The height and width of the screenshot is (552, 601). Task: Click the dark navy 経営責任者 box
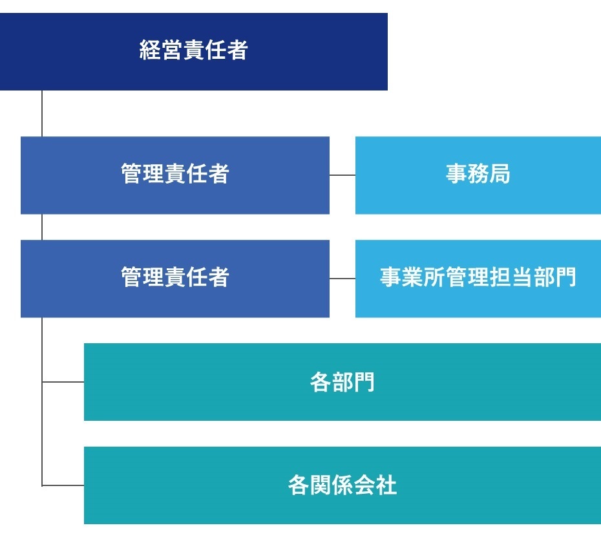[194, 52]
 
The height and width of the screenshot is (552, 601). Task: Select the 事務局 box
[478, 175]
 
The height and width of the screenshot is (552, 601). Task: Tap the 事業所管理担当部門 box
[478, 279]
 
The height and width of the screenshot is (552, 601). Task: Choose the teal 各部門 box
[343, 382]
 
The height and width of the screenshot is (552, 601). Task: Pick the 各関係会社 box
[343, 485]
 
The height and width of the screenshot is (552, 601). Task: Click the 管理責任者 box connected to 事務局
[175, 175]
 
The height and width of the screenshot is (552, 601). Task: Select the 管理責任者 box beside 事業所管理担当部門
[175, 279]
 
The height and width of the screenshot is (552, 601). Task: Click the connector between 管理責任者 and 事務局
[343, 175]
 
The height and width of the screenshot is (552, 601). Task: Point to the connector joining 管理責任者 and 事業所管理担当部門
[343, 279]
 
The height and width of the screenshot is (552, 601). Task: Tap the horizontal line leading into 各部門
[63, 382]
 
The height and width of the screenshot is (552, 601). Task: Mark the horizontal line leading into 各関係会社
[63, 485]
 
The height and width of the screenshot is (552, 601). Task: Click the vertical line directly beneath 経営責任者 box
[42, 114]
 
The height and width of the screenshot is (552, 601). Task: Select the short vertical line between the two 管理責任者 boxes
[42, 227]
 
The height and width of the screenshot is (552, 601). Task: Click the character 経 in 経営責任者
[150, 50]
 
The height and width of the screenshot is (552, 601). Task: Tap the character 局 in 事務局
[500, 173]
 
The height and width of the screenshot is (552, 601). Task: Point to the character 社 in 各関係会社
[386, 485]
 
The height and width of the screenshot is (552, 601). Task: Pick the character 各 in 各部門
[321, 382]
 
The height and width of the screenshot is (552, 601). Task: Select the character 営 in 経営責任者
[172, 50]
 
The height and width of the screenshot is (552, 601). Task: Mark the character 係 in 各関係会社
[343, 485]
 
